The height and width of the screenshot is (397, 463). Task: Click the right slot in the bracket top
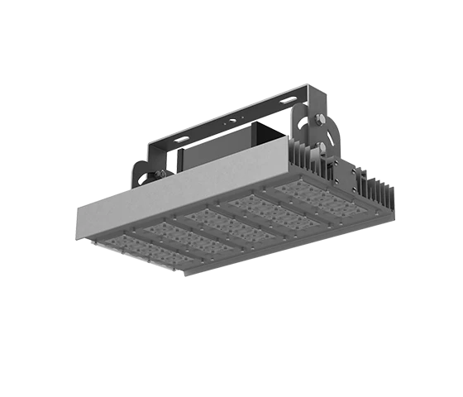point(288,100)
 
